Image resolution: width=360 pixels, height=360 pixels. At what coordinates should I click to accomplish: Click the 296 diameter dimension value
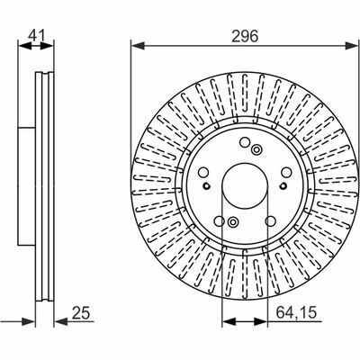click(245, 37)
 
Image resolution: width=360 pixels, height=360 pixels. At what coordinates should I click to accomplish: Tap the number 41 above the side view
click(36, 36)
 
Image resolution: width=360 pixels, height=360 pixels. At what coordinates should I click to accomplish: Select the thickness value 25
click(81, 313)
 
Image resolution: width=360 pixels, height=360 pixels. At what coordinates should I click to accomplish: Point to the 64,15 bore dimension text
click(296, 313)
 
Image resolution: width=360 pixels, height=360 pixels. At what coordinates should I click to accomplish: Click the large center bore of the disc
click(245, 186)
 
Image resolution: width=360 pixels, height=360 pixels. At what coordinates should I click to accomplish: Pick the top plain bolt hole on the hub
click(245, 142)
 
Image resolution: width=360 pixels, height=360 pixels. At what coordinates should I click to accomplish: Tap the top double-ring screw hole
click(256, 149)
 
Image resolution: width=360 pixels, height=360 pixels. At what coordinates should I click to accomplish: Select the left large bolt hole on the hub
click(203, 172)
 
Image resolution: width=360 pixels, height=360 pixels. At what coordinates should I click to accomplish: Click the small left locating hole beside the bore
click(206, 186)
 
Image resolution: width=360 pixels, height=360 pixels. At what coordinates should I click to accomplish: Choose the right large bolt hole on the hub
click(286, 172)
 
